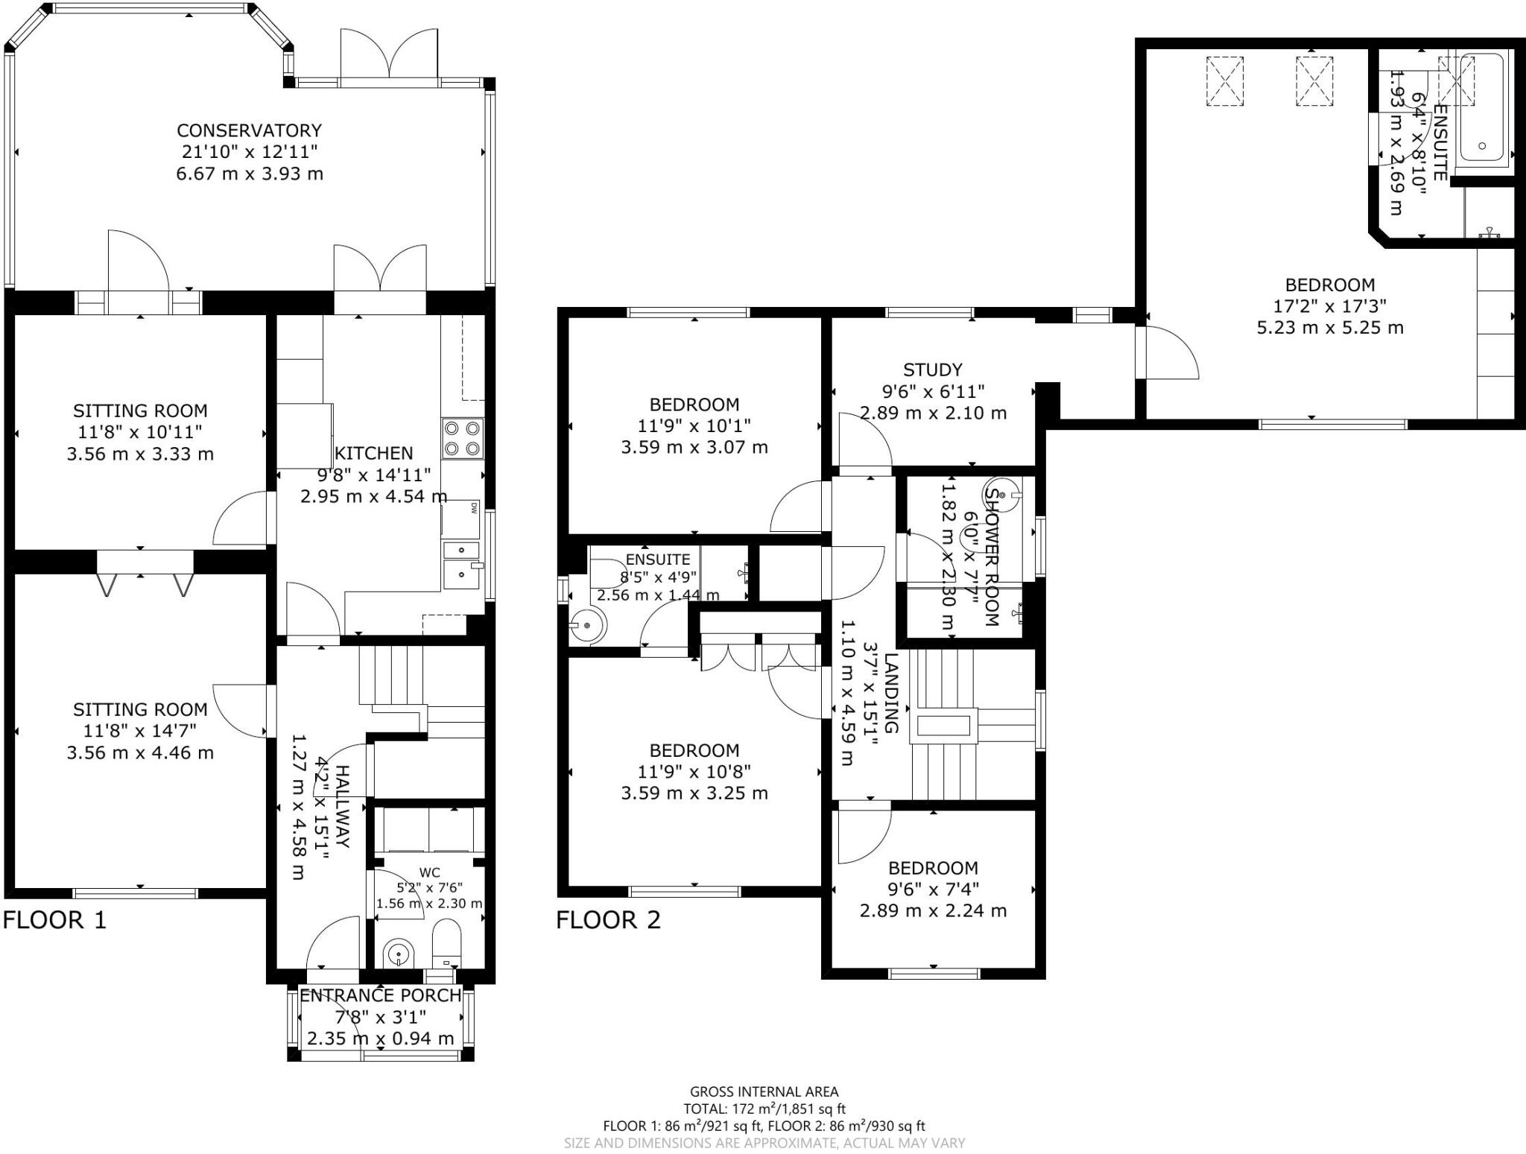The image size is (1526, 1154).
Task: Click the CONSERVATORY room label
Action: tap(249, 130)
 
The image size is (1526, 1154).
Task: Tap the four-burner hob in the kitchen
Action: tap(462, 439)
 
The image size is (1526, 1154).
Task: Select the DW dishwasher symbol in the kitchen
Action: tap(472, 509)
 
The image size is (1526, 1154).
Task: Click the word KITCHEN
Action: tap(373, 453)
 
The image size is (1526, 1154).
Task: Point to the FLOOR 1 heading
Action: tap(54, 920)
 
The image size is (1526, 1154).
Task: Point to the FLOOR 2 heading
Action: tap(608, 920)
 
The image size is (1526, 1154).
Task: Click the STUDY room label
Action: tap(932, 370)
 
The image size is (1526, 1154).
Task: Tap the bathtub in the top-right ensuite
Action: tap(1482, 108)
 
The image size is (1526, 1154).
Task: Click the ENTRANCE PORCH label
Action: tap(380, 995)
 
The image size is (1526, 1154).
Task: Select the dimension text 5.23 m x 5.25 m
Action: tap(1329, 327)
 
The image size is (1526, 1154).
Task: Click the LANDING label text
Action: tap(891, 693)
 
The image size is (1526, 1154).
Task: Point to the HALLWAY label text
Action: tap(342, 806)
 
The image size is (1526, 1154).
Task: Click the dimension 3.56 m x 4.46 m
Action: tap(140, 752)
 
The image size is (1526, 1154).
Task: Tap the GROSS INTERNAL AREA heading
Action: tap(764, 1091)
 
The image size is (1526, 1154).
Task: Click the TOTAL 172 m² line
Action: tap(764, 1109)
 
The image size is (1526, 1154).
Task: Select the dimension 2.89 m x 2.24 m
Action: tap(932, 910)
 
